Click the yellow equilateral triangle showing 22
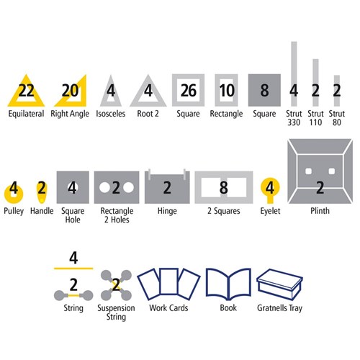tap(27, 91)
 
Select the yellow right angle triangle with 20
tap(69, 91)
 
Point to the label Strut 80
tap(336, 119)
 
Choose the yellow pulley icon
tap(14, 190)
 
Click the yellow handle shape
tap(42, 190)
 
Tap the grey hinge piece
tap(166, 187)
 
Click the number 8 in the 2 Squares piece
tap(224, 188)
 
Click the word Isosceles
tap(111, 114)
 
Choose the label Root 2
tap(150, 114)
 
